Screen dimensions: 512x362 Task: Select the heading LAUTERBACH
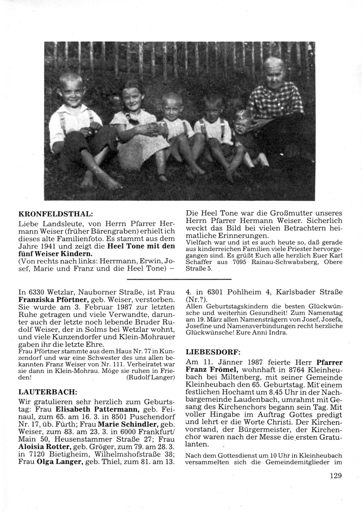pyautogui.click(x=47, y=391)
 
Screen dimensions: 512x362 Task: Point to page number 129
pyautogui.click(x=336, y=476)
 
